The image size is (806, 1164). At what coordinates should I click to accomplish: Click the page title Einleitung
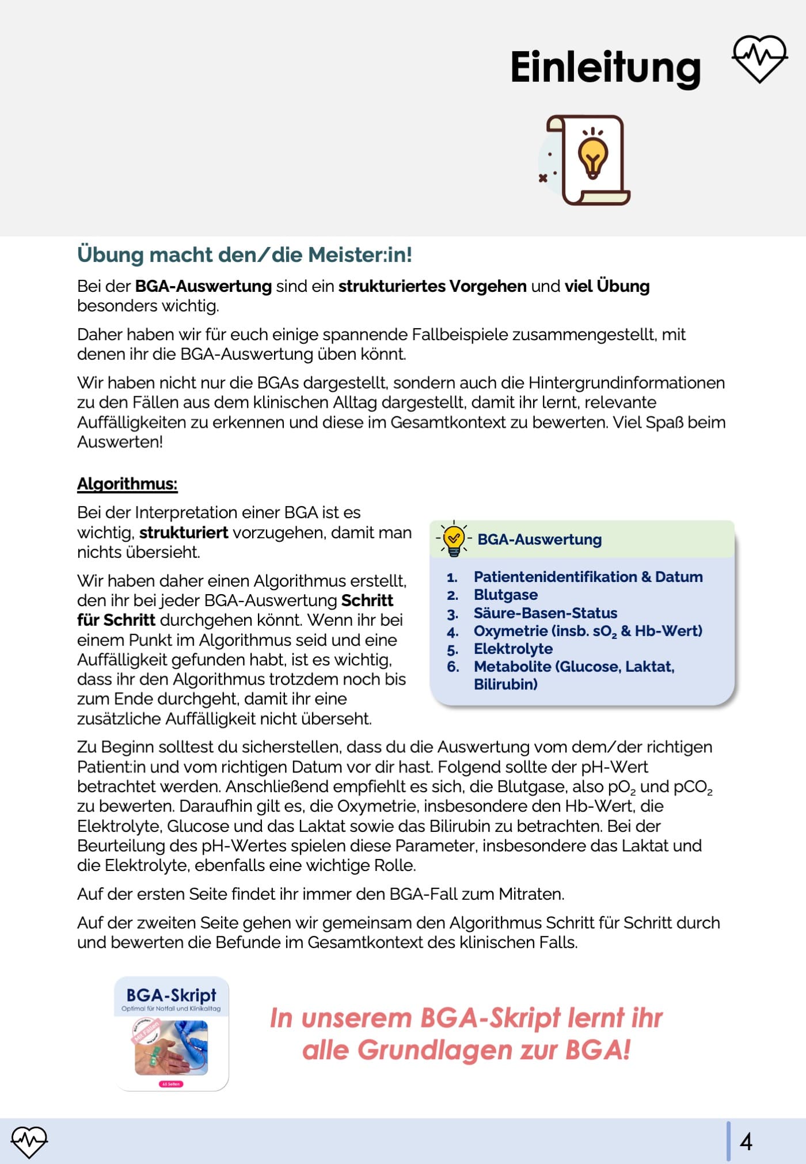click(605, 67)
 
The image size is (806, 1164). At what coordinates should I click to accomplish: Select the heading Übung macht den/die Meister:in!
click(245, 254)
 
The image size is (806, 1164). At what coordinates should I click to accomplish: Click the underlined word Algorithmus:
click(127, 484)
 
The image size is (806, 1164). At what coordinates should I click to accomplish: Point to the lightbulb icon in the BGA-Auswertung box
click(454, 539)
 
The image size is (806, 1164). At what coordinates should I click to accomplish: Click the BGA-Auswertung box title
click(539, 539)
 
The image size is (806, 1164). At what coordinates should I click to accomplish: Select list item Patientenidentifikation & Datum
click(588, 577)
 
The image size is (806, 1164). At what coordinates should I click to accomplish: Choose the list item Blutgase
click(505, 595)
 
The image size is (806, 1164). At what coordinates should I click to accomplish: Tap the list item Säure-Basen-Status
click(545, 613)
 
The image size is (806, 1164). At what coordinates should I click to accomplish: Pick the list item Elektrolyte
click(513, 649)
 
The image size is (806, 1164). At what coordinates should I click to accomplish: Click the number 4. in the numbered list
click(453, 632)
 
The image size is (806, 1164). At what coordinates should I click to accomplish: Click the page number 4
click(746, 1141)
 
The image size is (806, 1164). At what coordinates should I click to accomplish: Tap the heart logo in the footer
click(29, 1141)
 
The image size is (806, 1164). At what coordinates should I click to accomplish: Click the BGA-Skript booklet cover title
click(171, 995)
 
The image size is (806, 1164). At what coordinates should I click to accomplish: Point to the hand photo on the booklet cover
click(171, 1048)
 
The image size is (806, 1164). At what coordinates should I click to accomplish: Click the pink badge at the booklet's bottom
click(171, 1084)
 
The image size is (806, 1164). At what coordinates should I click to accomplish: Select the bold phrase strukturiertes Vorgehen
click(432, 286)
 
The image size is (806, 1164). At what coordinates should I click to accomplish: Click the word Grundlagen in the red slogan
click(435, 1050)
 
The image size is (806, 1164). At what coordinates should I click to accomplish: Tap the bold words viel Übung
click(607, 286)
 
